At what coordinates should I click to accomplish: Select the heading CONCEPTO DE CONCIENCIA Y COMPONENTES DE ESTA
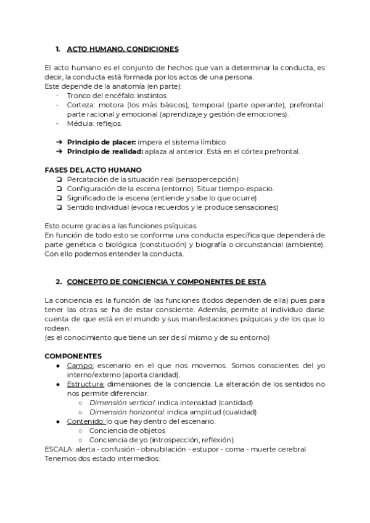pyautogui.click(x=166, y=281)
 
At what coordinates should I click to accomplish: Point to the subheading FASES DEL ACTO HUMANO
pyautogui.click(x=93, y=170)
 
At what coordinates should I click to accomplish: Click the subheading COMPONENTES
pyautogui.click(x=73, y=356)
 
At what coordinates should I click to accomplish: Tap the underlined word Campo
pyautogui.click(x=80, y=365)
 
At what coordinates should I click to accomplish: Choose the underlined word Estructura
pyautogui.click(x=86, y=384)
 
